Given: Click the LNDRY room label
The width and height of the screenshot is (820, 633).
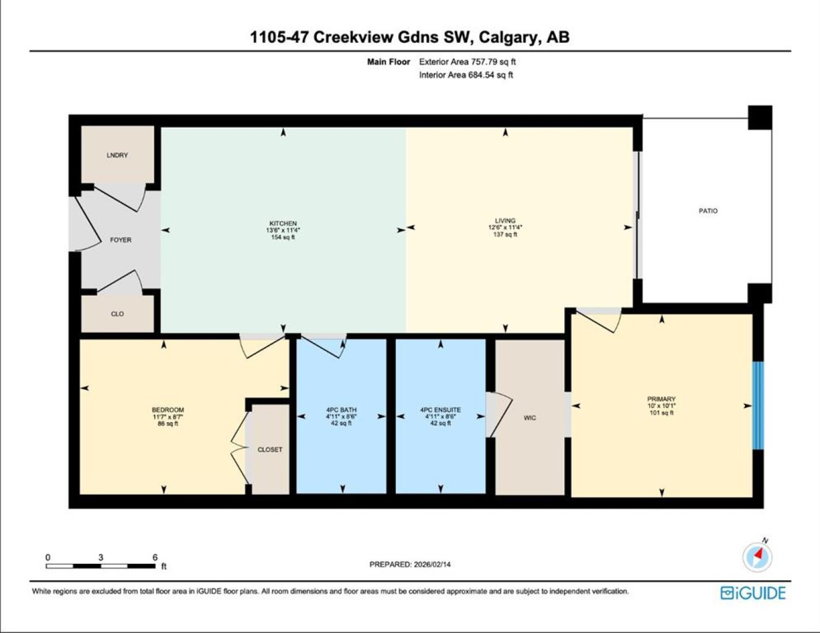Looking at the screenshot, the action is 117,155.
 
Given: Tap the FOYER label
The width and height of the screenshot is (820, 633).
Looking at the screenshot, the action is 121,240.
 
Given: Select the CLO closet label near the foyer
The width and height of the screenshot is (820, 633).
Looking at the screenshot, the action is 117,314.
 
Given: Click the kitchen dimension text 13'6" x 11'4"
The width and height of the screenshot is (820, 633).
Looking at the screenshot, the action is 283,230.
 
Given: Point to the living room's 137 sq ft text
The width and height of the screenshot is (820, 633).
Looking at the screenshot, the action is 505,234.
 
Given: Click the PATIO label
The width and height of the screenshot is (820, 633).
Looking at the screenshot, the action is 708,211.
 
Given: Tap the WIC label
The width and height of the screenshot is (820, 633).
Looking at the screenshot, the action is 530,418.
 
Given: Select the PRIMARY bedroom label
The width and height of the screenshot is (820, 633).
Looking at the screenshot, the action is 661,399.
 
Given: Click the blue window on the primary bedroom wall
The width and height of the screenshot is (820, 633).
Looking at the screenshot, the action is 758,406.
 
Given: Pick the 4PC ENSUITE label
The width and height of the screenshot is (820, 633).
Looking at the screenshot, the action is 441,410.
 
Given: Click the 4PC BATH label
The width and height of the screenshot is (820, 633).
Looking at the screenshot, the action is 341,410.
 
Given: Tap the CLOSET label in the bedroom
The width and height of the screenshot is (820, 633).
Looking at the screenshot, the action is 270,450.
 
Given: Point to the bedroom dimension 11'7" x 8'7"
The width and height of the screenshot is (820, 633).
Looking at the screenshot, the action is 168,417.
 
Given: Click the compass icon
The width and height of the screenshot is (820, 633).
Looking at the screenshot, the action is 757,557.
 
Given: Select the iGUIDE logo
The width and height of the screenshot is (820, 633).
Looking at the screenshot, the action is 753,593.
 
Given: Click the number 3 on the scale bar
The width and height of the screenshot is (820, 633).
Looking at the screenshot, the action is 101,557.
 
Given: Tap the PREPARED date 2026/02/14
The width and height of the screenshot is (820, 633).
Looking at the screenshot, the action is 432,564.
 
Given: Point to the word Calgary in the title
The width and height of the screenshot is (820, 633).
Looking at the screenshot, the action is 507,38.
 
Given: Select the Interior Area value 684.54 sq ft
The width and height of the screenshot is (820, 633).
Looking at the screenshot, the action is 490,75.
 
